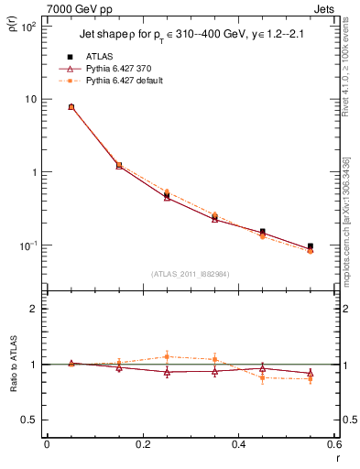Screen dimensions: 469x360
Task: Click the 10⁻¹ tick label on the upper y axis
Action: pyautogui.click(x=28, y=245)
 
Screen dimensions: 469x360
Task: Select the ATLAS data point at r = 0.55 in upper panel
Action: pyautogui.click(x=311, y=246)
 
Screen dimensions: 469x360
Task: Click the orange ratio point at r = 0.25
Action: pyautogui.click(x=167, y=356)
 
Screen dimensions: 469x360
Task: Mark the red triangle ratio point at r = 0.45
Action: pyautogui.click(x=263, y=367)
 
